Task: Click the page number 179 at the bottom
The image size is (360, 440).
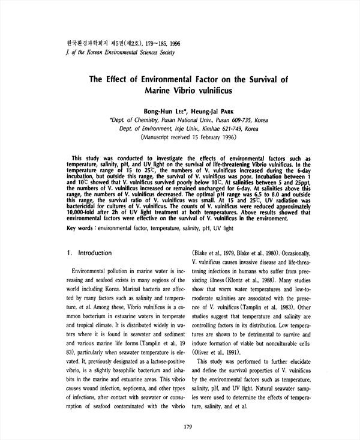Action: (x=187, y=427)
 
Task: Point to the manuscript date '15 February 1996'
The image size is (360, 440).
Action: (x=208, y=137)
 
